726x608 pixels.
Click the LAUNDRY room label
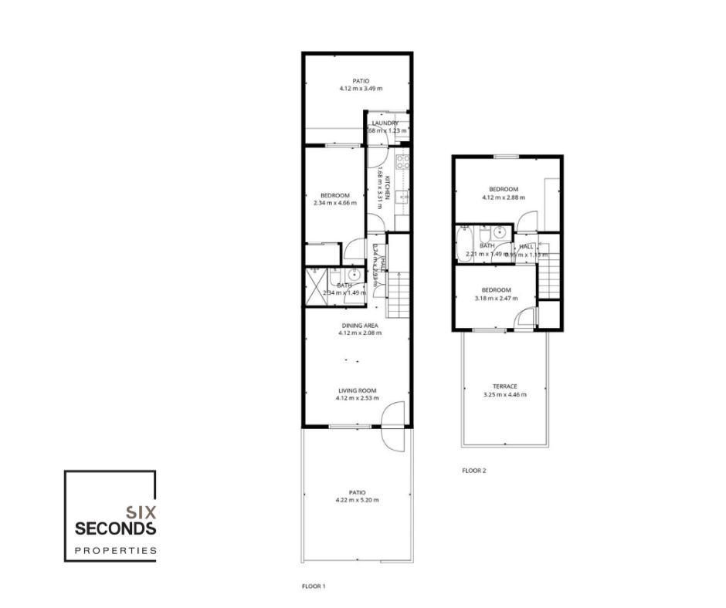click(385, 123)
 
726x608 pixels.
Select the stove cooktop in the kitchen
click(402, 162)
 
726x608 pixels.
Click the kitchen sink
click(402, 198)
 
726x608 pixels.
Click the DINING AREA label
click(360, 326)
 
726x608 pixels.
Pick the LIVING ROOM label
click(356, 390)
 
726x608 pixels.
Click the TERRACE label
click(504, 387)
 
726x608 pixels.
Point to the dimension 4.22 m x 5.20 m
click(357, 501)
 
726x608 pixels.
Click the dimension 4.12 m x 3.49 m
click(361, 89)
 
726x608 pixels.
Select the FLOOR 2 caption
click(474, 470)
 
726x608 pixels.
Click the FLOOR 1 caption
click(314, 586)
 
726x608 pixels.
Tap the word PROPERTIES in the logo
click(115, 551)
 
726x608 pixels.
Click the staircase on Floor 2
click(548, 279)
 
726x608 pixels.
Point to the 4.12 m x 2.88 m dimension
click(503, 198)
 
